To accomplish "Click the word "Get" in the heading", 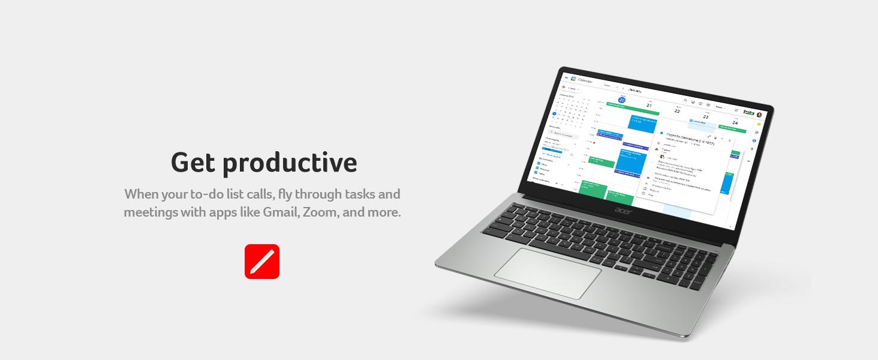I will point(193,162).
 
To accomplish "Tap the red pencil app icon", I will point(262,262).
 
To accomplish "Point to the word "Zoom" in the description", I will point(320,212).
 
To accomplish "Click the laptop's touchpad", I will point(547,273).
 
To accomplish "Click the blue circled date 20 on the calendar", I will point(621,100).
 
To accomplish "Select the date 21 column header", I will point(649,105).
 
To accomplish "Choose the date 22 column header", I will point(677,110).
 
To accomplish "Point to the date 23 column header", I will point(705,116).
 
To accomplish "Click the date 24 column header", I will point(735,122).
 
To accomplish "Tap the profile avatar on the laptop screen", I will point(759,115).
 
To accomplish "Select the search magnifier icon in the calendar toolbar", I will point(685,101).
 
